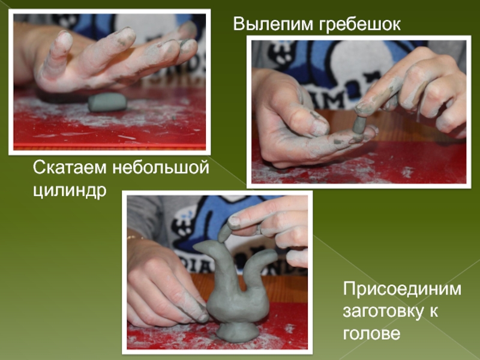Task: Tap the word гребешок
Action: tap(359, 25)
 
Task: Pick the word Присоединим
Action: tap(402, 289)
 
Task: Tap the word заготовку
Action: tap(383, 311)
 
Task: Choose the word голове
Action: tap(371, 333)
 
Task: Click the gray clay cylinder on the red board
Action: tap(107, 102)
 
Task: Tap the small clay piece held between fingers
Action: tap(358, 124)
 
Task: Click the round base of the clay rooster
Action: tap(237, 332)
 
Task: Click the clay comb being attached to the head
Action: tap(224, 233)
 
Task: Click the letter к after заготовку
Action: tap(433, 311)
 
